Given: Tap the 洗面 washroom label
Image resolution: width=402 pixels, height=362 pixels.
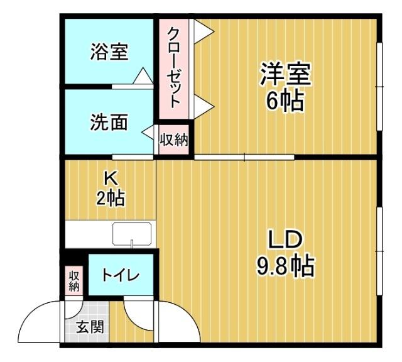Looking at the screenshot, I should point(109,122).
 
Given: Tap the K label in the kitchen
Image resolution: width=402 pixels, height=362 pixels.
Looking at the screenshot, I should point(109,178).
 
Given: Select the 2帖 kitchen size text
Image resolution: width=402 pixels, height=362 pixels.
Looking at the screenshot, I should point(109,198).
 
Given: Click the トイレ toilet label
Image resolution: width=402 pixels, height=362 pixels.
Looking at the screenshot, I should point(121,275).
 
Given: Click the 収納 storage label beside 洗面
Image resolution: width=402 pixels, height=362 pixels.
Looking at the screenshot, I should point(173,140).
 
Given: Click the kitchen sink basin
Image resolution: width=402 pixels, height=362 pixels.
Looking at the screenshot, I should point(132,235).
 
